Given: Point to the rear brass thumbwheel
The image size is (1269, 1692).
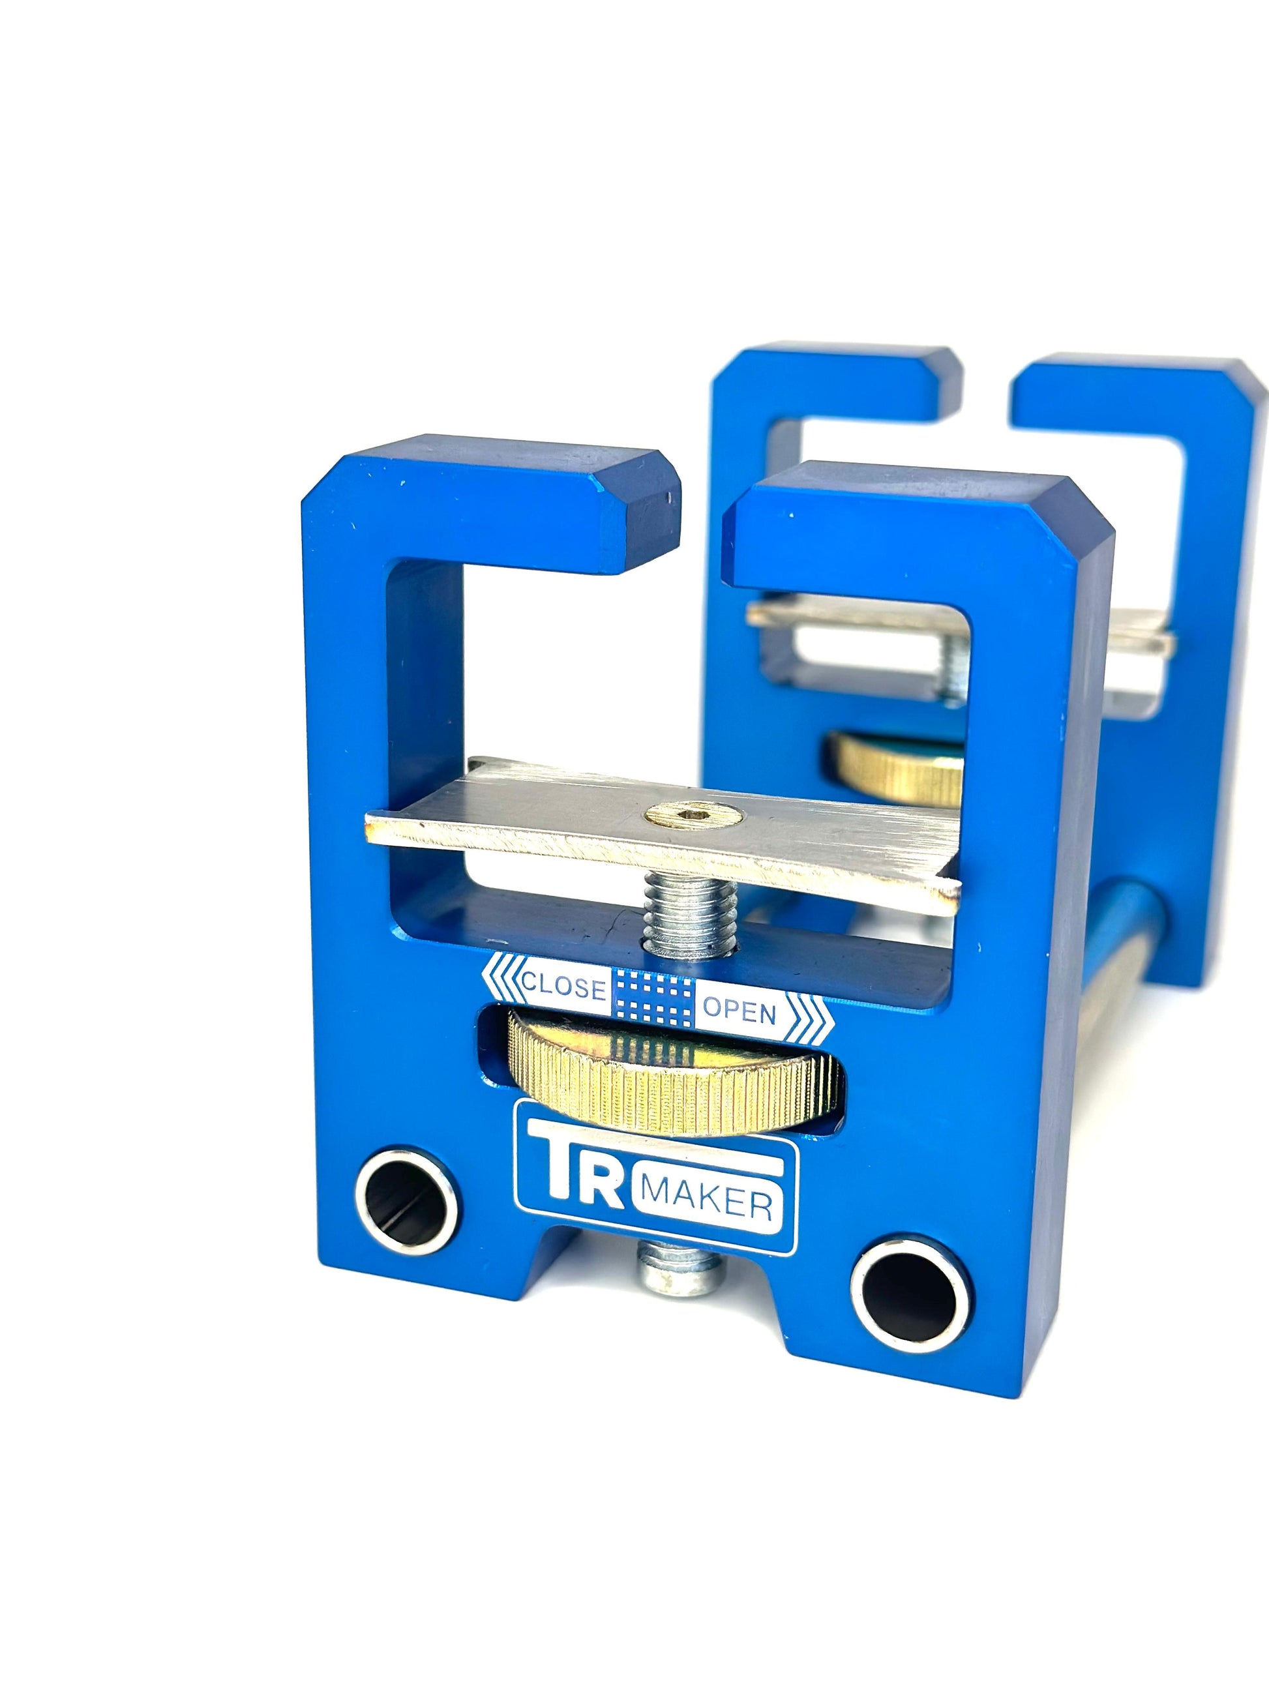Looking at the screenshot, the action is click(895, 765).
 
